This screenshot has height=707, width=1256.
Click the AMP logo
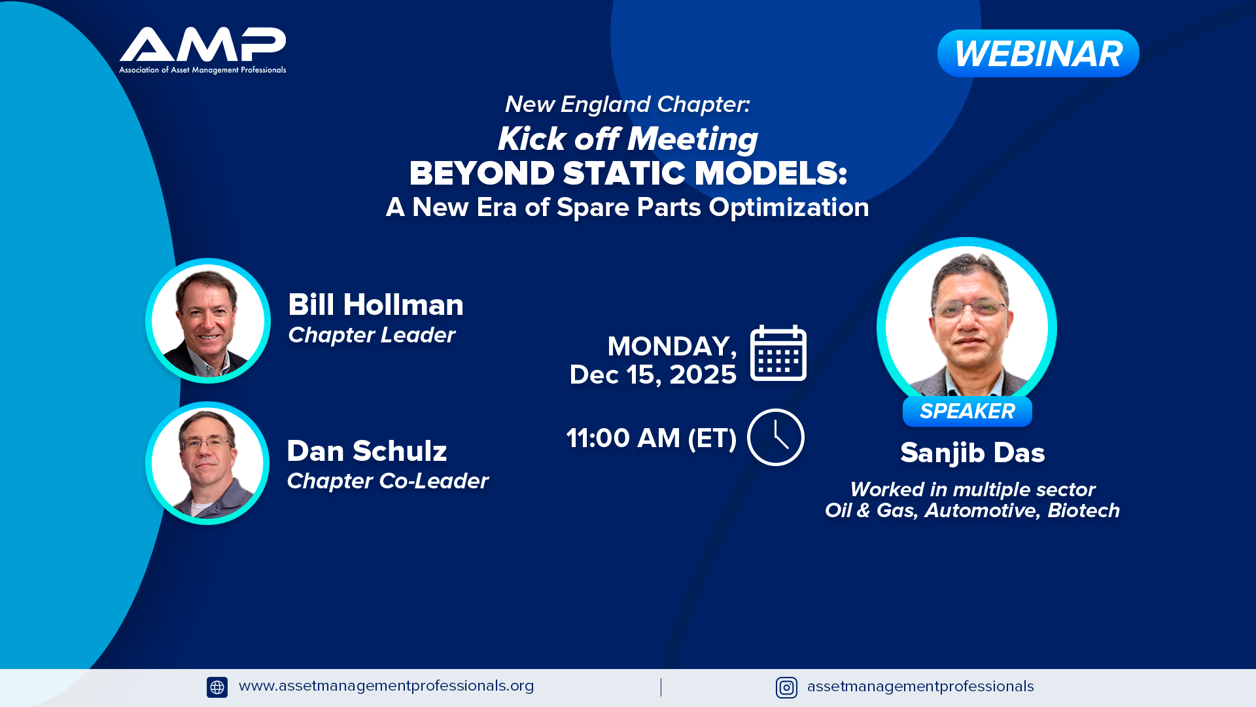[203, 50]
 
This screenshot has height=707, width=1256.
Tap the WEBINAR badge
[1038, 54]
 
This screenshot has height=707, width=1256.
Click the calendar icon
[778, 353]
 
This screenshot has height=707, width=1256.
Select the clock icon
[776, 437]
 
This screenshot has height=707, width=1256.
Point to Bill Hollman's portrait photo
[208, 321]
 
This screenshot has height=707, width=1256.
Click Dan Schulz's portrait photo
[207, 463]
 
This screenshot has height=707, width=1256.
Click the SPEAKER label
[968, 411]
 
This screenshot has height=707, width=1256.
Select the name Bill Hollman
[376, 305]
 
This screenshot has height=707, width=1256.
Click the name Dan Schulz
[367, 451]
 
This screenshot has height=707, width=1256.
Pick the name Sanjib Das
[973, 453]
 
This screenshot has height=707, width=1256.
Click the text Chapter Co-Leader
[388, 481]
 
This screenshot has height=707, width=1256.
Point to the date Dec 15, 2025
[653, 375]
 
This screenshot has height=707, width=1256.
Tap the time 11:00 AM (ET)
[652, 438]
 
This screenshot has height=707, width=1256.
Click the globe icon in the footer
[217, 687]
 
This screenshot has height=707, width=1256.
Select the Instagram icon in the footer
[786, 687]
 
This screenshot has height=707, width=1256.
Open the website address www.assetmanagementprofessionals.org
[387, 686]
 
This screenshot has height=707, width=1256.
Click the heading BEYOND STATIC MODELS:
[629, 173]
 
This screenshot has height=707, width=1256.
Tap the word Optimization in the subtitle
[789, 208]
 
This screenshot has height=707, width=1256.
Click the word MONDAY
[672, 346]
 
